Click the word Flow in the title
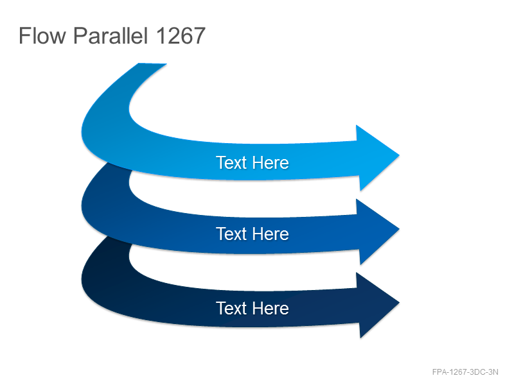(42, 36)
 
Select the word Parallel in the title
(111, 36)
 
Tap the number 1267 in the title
(181, 36)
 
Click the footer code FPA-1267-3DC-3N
(465, 372)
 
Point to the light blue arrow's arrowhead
(375, 157)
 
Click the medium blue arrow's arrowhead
(375, 231)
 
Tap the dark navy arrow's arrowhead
(375, 305)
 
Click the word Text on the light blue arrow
(231, 163)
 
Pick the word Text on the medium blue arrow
(231, 234)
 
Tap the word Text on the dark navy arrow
(231, 308)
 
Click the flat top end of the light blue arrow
(153, 64)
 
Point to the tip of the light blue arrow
(399, 155)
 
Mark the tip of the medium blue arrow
(399, 229)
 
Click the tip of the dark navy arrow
(399, 303)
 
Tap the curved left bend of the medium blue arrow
(105, 203)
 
